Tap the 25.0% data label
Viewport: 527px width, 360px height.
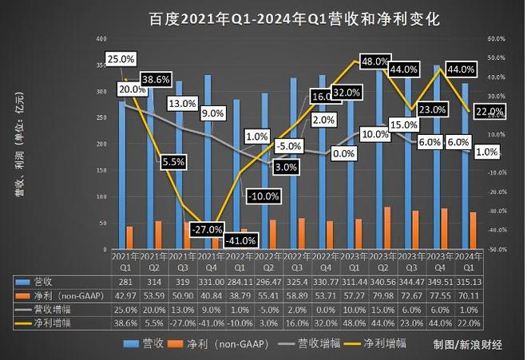[120, 58]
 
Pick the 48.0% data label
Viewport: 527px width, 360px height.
[374, 61]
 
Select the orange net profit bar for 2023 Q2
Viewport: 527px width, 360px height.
[386, 227]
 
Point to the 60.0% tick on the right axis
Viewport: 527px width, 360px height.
[497, 38]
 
